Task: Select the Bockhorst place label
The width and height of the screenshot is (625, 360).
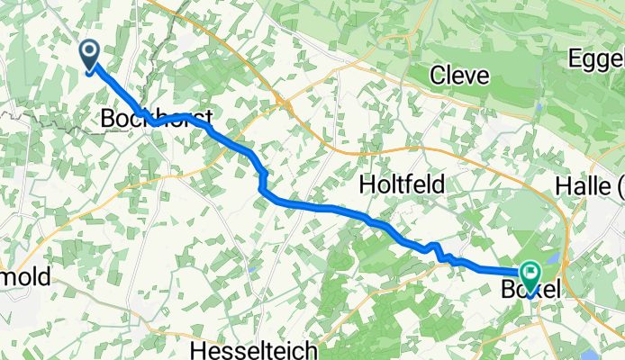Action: [x=157, y=118]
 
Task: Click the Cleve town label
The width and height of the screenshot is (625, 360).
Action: [x=459, y=76]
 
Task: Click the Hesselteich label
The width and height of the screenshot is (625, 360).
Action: [x=250, y=347]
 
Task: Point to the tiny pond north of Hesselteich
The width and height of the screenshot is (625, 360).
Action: [x=255, y=268]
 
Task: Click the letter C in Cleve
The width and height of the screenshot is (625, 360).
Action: [x=436, y=76]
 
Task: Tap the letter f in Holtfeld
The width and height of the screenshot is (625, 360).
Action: [x=417, y=184]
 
